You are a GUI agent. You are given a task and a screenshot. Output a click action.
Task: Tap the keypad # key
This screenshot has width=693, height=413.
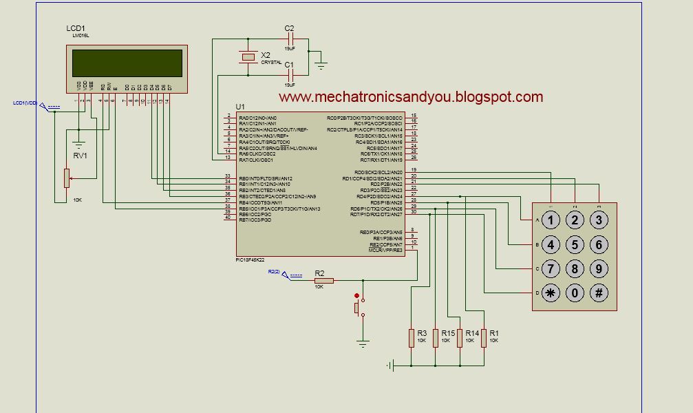[x=599, y=293]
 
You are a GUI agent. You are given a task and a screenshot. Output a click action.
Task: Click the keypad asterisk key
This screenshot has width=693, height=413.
[x=551, y=293]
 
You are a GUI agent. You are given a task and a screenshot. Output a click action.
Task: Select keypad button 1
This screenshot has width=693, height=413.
[x=551, y=220]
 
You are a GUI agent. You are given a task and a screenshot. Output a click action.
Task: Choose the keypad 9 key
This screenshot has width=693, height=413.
[x=599, y=268]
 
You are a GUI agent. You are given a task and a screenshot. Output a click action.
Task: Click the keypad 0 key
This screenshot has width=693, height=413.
[x=575, y=293]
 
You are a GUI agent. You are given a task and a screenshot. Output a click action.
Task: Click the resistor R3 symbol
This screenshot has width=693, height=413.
[x=412, y=337]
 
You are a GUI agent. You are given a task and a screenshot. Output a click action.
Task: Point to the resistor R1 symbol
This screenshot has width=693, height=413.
[x=484, y=337]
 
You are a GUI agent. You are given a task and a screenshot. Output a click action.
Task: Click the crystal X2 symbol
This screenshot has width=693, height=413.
[x=247, y=57]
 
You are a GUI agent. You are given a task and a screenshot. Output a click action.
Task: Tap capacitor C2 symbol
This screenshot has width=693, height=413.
[x=289, y=39]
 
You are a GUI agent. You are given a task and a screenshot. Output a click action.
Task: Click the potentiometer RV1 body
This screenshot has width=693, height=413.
[x=67, y=178]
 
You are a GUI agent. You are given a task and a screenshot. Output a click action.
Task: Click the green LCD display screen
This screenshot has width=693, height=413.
[x=127, y=63]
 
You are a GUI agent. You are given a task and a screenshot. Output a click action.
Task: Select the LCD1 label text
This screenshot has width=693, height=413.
[x=75, y=28]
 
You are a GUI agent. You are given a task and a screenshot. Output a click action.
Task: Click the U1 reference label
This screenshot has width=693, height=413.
[x=239, y=107]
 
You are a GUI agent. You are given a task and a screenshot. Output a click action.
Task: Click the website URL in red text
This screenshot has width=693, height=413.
[x=411, y=97]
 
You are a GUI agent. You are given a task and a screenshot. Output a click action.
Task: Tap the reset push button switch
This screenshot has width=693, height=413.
[x=357, y=306]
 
